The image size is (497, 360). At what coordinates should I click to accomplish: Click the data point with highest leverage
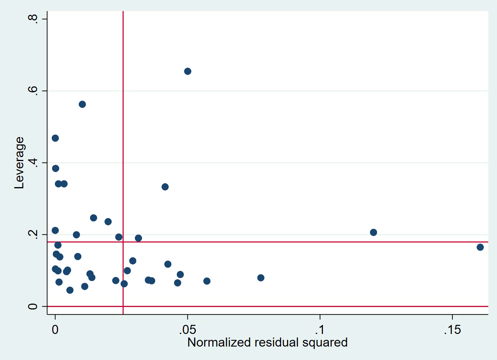coord(188,71)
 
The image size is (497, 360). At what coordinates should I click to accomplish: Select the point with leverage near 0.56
coord(82,104)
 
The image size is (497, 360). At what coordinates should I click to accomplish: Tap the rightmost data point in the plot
coord(480,247)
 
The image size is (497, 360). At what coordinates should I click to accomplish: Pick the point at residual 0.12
coord(373,232)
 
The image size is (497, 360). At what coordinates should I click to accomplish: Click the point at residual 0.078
coord(261,278)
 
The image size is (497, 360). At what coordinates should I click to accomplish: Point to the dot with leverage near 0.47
coord(55,138)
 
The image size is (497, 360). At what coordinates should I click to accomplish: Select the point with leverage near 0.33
coord(165,187)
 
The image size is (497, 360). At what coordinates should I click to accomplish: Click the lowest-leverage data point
coord(70,290)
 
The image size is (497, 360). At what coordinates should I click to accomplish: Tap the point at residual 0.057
coord(207,281)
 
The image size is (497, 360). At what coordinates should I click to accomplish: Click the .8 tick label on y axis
coord(32,19)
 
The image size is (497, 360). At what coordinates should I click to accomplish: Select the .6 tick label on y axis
coord(32,91)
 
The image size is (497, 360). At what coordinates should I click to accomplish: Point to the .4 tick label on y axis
coord(32,163)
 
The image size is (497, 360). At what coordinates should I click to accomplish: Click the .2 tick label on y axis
coord(32,234)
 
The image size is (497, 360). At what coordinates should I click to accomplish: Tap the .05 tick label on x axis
coord(188,330)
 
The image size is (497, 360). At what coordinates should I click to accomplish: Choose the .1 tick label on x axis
coord(320,330)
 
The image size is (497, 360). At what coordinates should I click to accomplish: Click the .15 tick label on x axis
coord(452,330)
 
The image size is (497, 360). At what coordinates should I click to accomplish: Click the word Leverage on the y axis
coord(19,163)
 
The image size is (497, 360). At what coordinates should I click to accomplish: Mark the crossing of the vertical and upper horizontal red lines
coord(123,242)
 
